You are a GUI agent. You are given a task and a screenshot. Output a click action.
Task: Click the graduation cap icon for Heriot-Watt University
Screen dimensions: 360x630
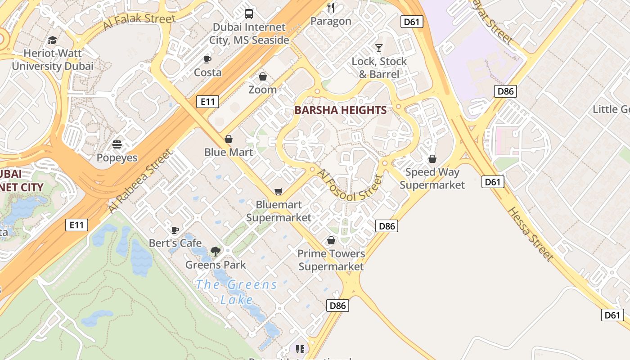pos(53,40)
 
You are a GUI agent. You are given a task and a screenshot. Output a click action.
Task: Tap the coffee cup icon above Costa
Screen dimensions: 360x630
pos(207,59)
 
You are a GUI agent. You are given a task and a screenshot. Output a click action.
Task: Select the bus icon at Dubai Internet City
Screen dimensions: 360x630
pos(249,14)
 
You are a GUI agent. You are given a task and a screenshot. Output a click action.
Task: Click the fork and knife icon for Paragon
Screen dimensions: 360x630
pos(331,8)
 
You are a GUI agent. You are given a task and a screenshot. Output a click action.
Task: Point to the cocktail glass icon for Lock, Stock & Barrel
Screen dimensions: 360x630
pos(379,48)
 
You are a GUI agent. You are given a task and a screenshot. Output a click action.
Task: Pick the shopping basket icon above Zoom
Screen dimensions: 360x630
pos(263,77)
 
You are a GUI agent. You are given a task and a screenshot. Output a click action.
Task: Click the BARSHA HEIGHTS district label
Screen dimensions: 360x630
pos(340,110)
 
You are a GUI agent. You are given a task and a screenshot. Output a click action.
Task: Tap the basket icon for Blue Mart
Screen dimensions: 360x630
pos(229,139)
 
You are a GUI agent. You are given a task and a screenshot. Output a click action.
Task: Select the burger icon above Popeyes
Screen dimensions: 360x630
pos(117,145)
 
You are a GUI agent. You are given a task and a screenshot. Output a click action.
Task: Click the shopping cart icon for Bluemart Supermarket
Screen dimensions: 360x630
pos(279,192)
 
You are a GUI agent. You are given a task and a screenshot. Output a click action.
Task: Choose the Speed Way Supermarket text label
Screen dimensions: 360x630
pos(432,178)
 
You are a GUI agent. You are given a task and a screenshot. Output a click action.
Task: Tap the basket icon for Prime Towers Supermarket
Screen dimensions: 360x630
pos(331,241)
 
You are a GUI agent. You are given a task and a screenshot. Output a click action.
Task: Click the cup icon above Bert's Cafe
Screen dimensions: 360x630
pos(175,230)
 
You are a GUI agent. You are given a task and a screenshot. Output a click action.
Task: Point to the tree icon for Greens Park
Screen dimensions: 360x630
pos(216,252)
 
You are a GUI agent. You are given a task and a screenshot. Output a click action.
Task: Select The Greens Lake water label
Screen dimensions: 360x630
pos(237,292)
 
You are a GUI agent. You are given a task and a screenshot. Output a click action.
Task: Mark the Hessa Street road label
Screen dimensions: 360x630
pos(530,234)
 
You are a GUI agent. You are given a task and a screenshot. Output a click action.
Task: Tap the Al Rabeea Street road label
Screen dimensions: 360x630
pos(140,181)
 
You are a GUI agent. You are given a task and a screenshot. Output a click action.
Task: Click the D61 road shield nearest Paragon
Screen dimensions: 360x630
pos(412,22)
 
